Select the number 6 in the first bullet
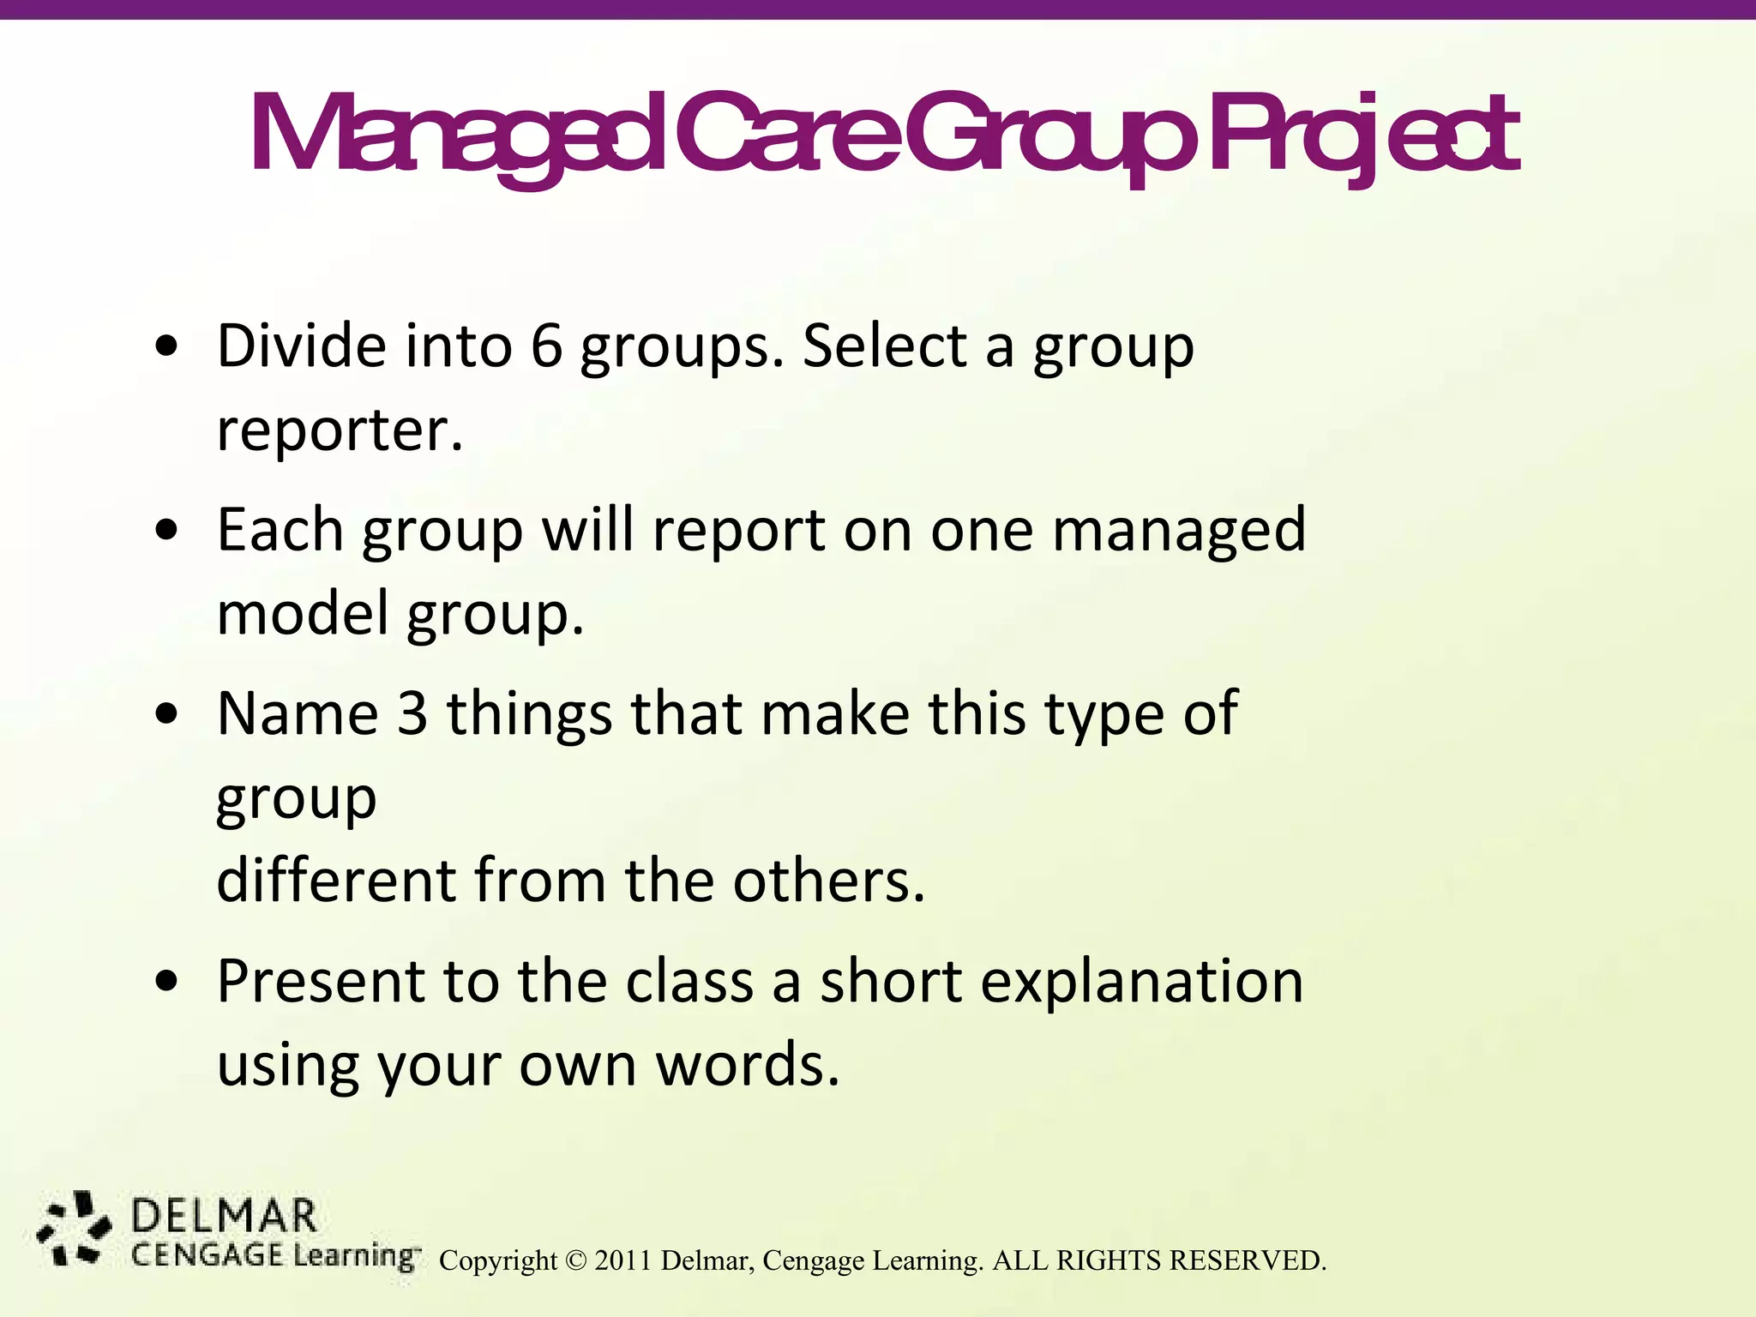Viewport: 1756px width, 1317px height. [546, 346]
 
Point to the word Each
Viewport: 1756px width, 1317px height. [280, 530]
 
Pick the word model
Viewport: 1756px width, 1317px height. [304, 614]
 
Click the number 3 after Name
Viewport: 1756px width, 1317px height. [412, 713]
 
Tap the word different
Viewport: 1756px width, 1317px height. [335, 881]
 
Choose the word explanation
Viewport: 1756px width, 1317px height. [1141, 981]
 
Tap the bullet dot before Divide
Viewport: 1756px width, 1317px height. [167, 348]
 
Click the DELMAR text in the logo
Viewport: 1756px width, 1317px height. [224, 1218]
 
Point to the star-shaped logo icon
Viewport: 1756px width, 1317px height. [75, 1228]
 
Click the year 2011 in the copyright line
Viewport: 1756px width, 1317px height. [623, 1260]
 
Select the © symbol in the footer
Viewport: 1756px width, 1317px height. [575, 1260]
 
